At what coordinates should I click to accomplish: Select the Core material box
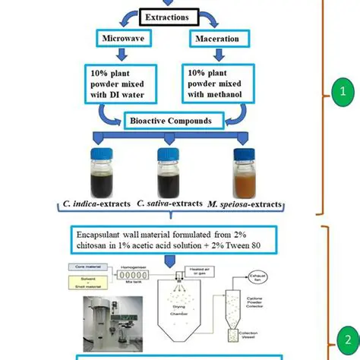(x=96, y=268)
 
